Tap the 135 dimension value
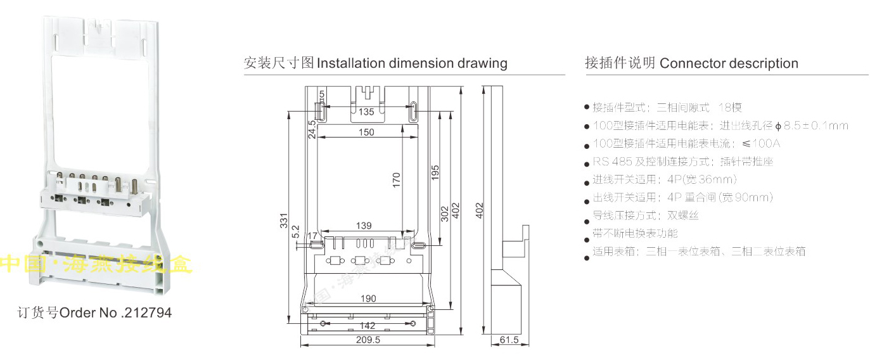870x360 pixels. (x=366, y=112)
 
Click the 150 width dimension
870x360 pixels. (x=366, y=132)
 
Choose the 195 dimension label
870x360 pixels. (x=435, y=173)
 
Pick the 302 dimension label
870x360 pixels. (x=444, y=214)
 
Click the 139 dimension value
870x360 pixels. (x=363, y=226)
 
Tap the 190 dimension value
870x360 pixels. (x=368, y=299)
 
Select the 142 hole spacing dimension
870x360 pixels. (x=368, y=326)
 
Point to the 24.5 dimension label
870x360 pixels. (x=312, y=129)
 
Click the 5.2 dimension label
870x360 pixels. (x=296, y=233)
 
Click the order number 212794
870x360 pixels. (x=150, y=313)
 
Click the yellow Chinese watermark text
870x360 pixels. (x=95, y=263)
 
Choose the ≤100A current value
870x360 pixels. (x=761, y=143)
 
